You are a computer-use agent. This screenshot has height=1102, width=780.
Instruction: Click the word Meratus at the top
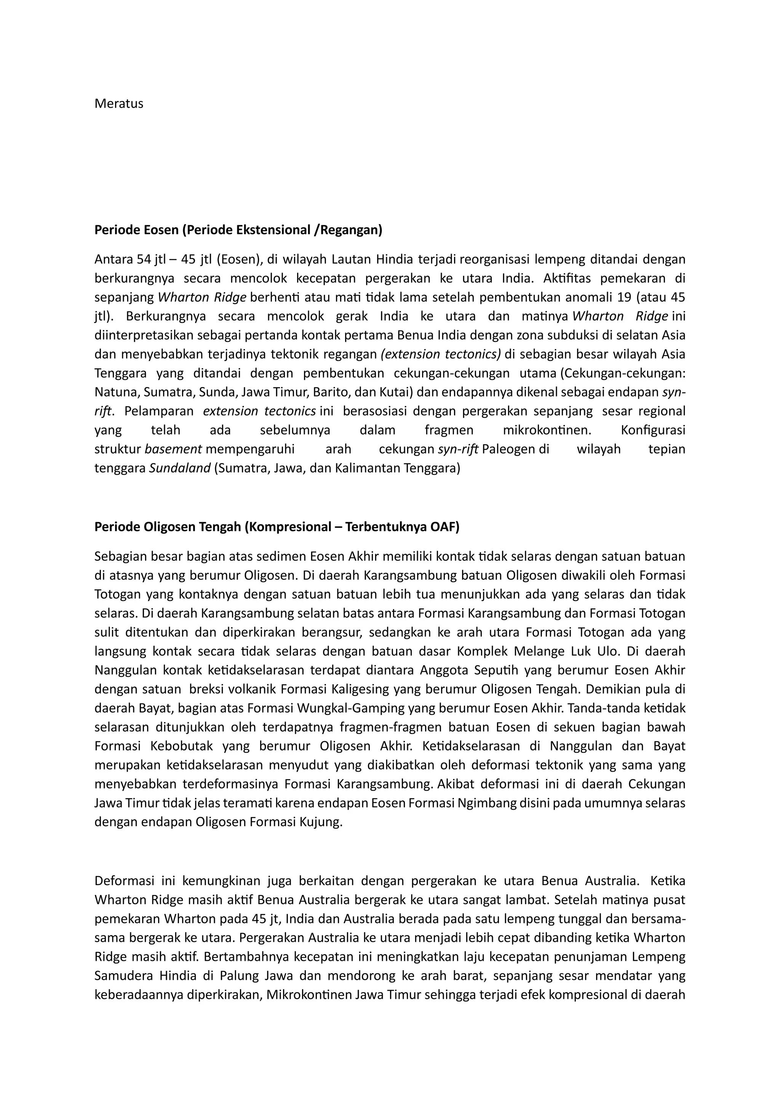pos(118,104)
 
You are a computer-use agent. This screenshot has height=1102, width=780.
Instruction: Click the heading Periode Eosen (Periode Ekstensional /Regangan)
pos(238,230)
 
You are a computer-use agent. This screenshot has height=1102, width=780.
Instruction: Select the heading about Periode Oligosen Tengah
pos(277,527)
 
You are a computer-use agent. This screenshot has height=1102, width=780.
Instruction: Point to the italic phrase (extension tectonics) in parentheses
pos(440,355)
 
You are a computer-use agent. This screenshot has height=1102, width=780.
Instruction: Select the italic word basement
pos(173,449)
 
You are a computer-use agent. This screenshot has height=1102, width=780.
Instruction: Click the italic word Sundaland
pos(180,468)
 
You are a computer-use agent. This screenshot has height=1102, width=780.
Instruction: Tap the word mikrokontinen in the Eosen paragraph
pos(547,430)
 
